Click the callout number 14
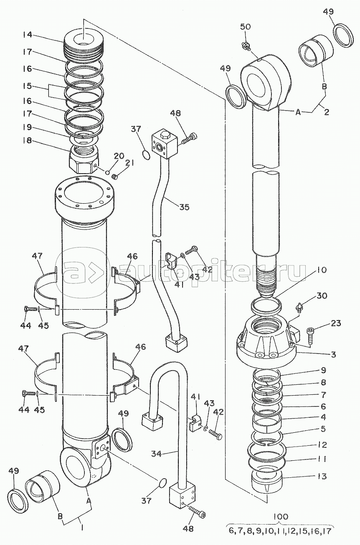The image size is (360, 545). click(x=28, y=35)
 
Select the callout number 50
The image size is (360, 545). click(x=245, y=26)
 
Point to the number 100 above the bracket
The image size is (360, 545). click(x=281, y=517)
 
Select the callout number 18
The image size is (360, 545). click(x=28, y=141)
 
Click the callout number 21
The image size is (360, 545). click(x=129, y=163)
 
